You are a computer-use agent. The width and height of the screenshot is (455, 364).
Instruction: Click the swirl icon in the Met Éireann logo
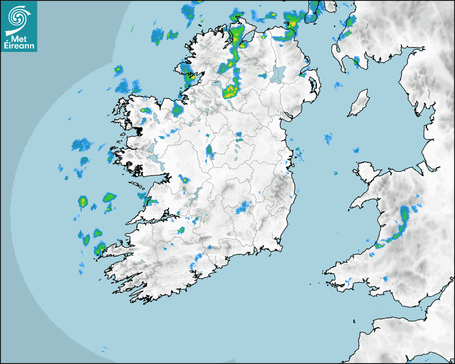click(19, 16)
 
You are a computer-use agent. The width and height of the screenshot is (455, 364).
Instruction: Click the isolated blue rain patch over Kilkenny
click(244, 207)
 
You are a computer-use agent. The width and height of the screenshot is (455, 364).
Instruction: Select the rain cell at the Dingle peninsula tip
click(100, 248)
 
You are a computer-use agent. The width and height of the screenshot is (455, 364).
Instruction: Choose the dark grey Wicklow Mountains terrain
click(278, 190)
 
